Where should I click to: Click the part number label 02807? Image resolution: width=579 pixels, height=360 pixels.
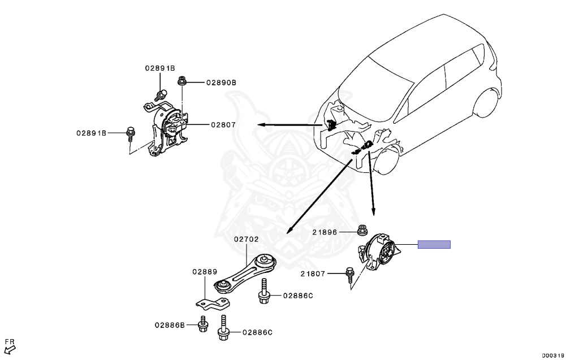point(223,124)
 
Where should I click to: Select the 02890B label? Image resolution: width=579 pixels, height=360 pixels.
point(221,83)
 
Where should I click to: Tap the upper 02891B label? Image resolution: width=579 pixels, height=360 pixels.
point(160,68)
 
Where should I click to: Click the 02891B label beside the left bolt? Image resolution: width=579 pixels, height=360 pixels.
point(92,133)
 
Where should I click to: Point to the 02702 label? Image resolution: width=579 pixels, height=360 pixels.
point(247,239)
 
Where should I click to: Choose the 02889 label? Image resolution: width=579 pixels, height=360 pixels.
point(204,272)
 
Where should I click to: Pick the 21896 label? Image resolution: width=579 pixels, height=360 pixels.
point(325,232)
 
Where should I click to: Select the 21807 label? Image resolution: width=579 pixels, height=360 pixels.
point(313,274)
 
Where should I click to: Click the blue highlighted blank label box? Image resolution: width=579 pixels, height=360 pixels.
point(434,244)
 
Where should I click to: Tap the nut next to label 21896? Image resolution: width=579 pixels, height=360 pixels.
point(362,230)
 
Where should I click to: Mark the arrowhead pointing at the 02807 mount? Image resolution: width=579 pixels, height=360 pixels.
point(261,124)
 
